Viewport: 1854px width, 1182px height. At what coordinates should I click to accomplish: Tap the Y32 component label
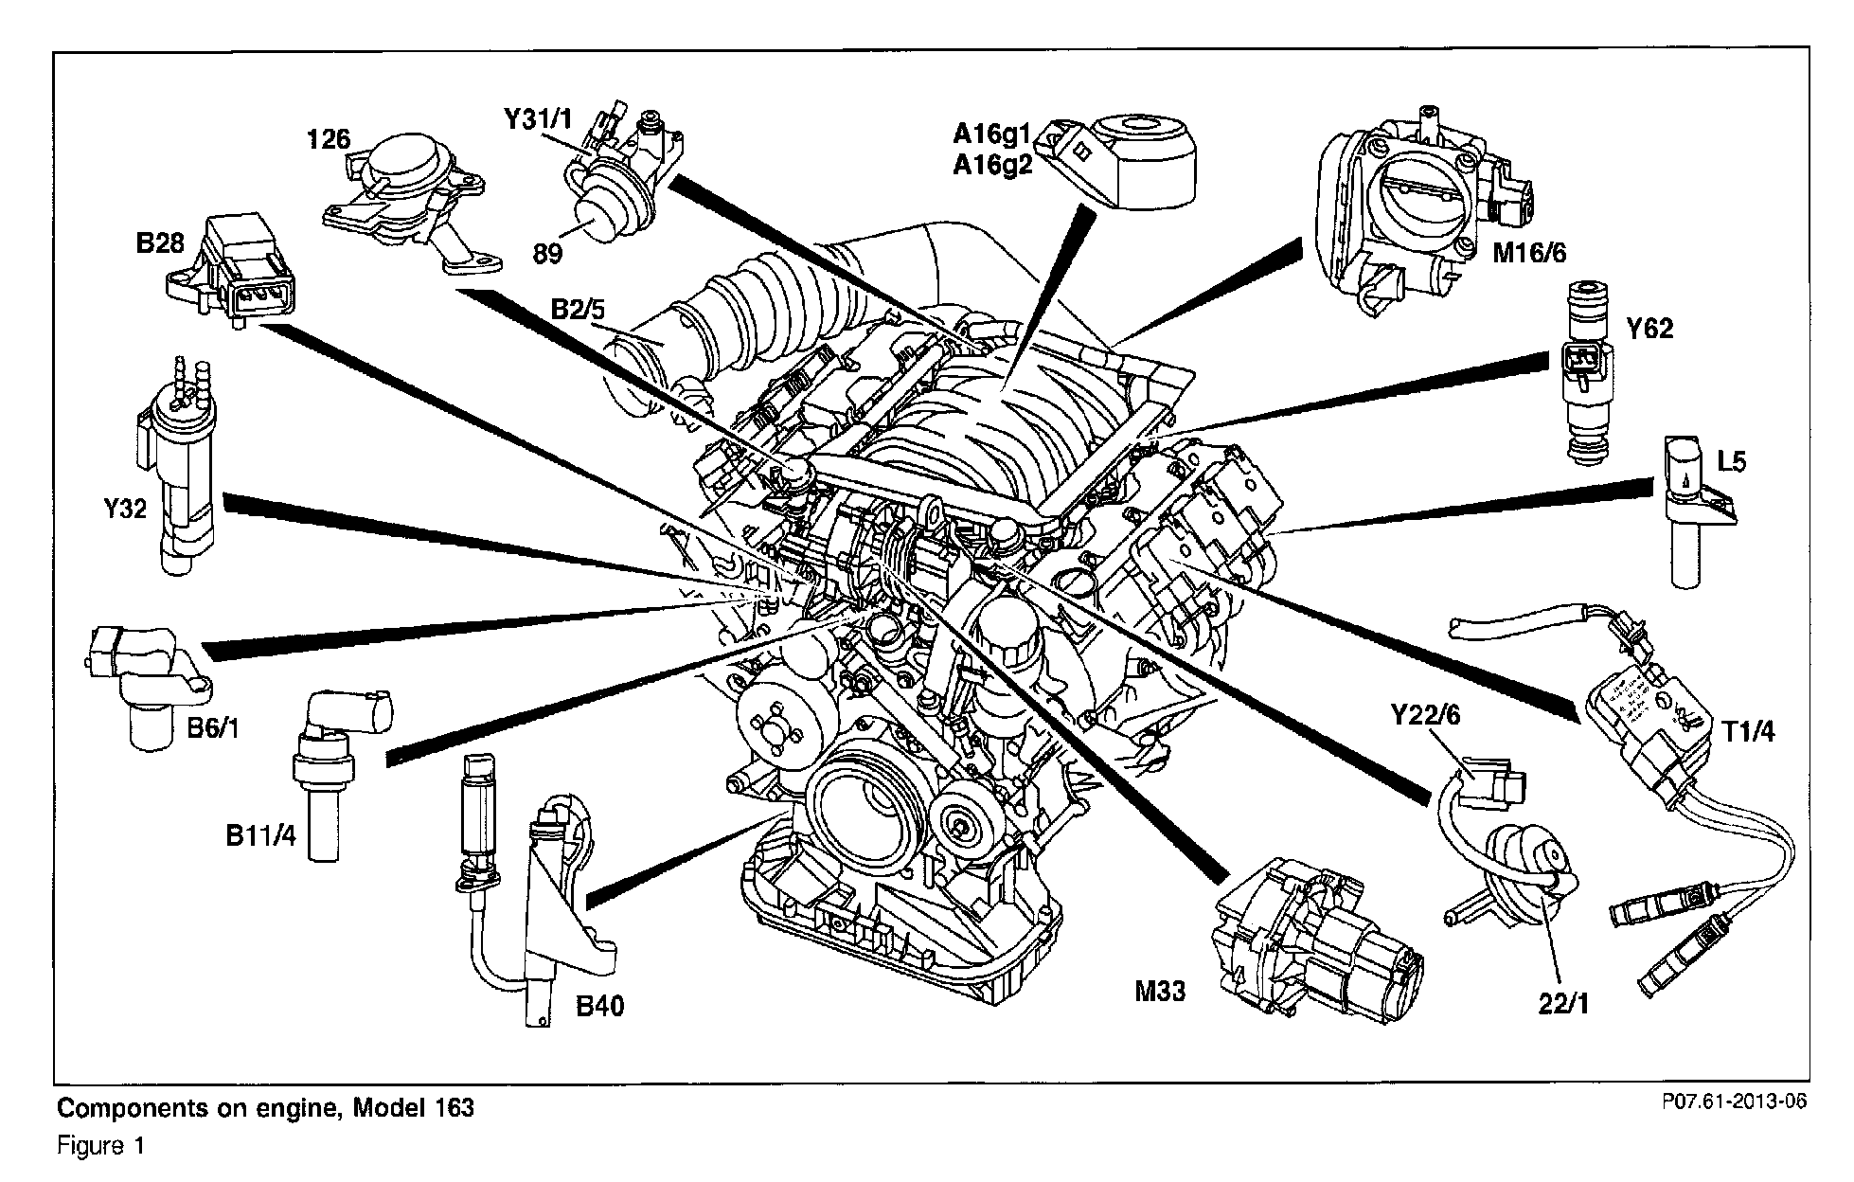point(125,509)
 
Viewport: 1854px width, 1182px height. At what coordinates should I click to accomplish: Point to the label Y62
point(1650,329)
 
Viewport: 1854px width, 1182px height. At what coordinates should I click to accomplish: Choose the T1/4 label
point(1748,731)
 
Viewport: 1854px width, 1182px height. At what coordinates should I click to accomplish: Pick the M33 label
point(1160,991)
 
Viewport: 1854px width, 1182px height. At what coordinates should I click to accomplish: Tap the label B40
point(600,1005)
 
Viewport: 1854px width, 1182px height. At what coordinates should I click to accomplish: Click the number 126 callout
point(329,139)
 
